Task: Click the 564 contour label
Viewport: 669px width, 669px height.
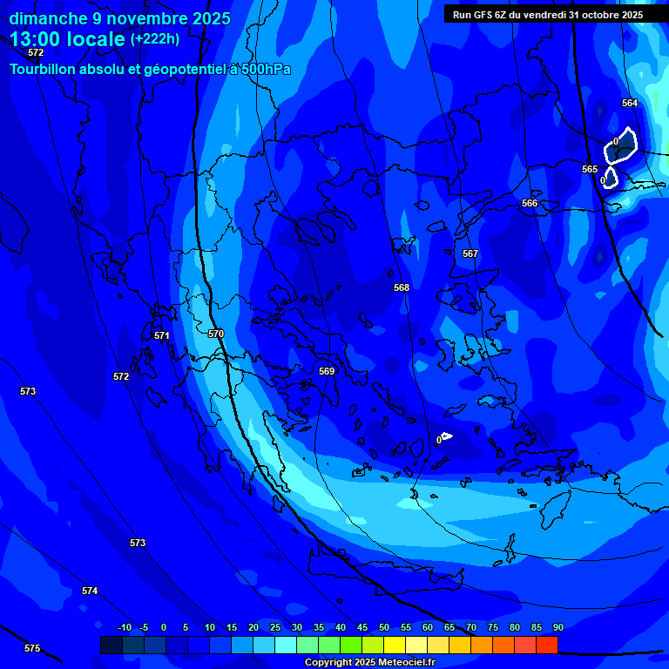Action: [630, 103]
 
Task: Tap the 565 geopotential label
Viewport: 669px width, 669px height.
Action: [590, 169]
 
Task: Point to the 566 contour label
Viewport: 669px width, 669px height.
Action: [530, 203]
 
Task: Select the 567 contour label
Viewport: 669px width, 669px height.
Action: [470, 253]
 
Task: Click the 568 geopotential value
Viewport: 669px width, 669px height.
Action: [402, 287]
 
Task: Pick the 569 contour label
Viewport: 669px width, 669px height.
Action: [327, 371]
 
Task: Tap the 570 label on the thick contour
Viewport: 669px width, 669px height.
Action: [216, 334]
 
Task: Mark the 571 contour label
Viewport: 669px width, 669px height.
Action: [161, 335]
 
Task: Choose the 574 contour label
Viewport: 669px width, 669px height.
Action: [90, 591]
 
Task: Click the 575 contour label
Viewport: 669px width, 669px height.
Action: [32, 648]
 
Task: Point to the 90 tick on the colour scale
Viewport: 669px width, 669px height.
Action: [557, 627]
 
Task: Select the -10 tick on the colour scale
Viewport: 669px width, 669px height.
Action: [124, 627]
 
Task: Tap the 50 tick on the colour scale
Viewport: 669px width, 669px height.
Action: [384, 627]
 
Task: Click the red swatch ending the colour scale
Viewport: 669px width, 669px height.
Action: [547, 645]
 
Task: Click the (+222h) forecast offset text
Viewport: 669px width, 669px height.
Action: [155, 38]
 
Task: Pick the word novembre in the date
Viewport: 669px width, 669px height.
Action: [139, 18]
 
